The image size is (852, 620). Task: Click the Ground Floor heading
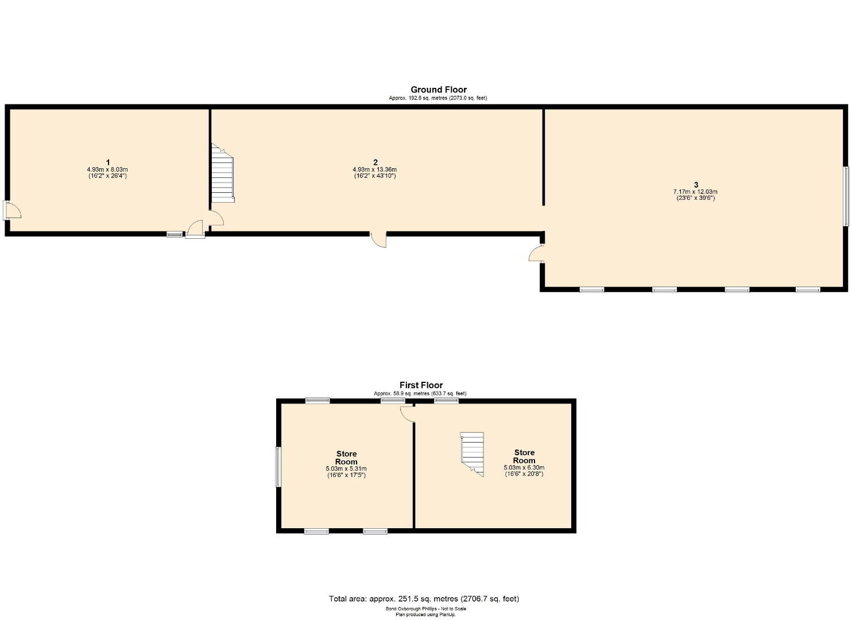(x=439, y=90)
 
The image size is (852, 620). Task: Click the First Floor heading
(x=421, y=385)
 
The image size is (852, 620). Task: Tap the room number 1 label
(x=108, y=162)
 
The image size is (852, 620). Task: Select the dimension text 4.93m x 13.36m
(x=375, y=170)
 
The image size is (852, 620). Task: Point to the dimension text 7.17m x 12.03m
(x=695, y=192)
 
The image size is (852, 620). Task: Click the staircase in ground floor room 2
(x=223, y=173)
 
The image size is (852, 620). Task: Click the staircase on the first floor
(x=472, y=454)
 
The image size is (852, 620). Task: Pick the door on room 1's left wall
(x=11, y=210)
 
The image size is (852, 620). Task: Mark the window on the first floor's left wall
(x=278, y=467)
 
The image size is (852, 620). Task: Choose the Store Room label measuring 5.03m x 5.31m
(x=346, y=458)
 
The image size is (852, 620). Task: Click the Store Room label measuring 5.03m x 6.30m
(x=524, y=456)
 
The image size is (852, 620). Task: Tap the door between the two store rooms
(x=408, y=413)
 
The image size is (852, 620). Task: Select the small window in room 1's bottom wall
(x=175, y=235)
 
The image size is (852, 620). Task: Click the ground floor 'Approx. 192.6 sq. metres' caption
(x=438, y=98)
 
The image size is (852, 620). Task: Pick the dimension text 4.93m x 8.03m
(x=107, y=170)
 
